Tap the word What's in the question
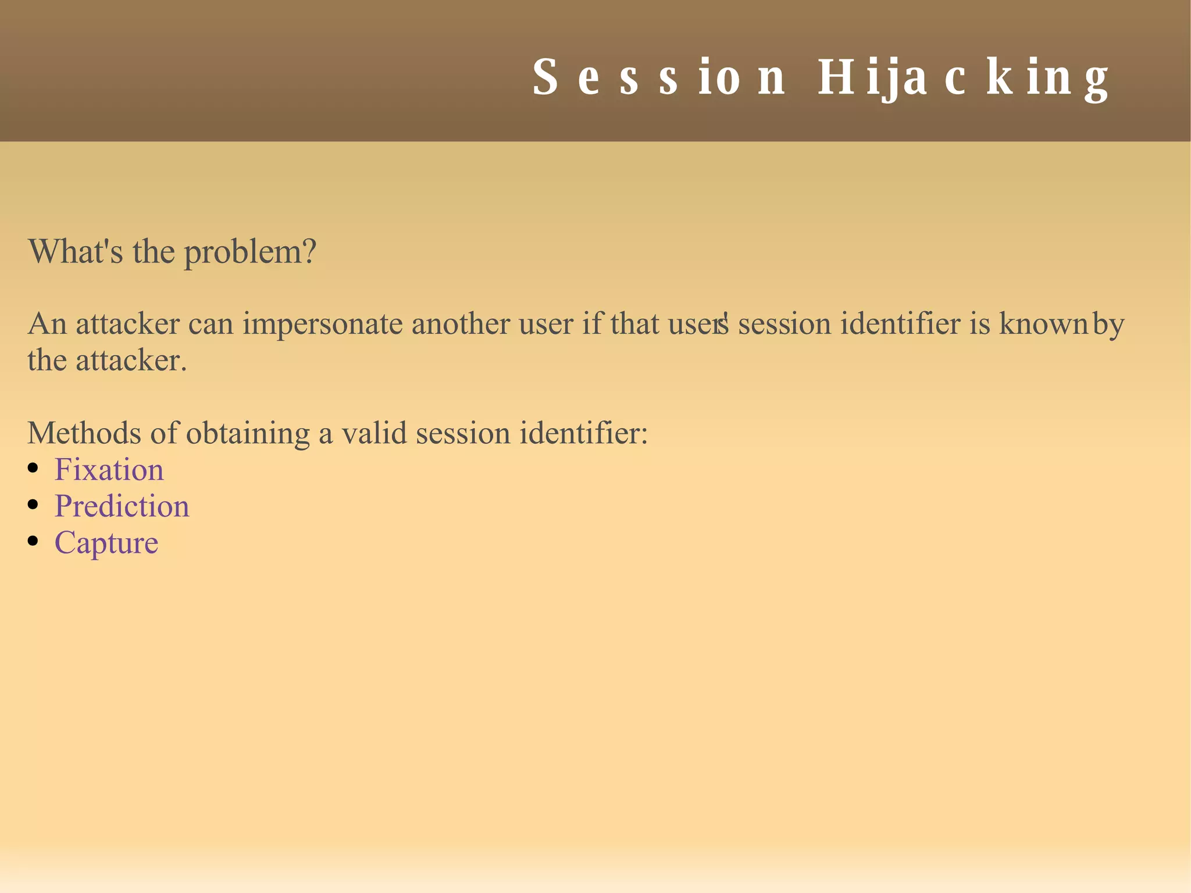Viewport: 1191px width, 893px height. (75, 251)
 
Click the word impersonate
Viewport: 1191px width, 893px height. (322, 325)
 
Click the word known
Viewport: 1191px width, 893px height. (1043, 323)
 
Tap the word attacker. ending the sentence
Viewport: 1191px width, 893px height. (131, 361)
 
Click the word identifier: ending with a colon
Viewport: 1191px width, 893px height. (583, 433)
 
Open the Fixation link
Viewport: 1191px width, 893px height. (109, 469)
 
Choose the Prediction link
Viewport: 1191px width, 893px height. (122, 506)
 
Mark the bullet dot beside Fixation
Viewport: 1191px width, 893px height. (33, 468)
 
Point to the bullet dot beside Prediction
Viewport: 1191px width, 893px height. (33, 504)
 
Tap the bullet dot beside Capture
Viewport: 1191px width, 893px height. (33, 541)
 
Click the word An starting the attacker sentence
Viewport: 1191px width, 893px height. (47, 323)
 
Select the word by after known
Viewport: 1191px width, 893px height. (1108, 325)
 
